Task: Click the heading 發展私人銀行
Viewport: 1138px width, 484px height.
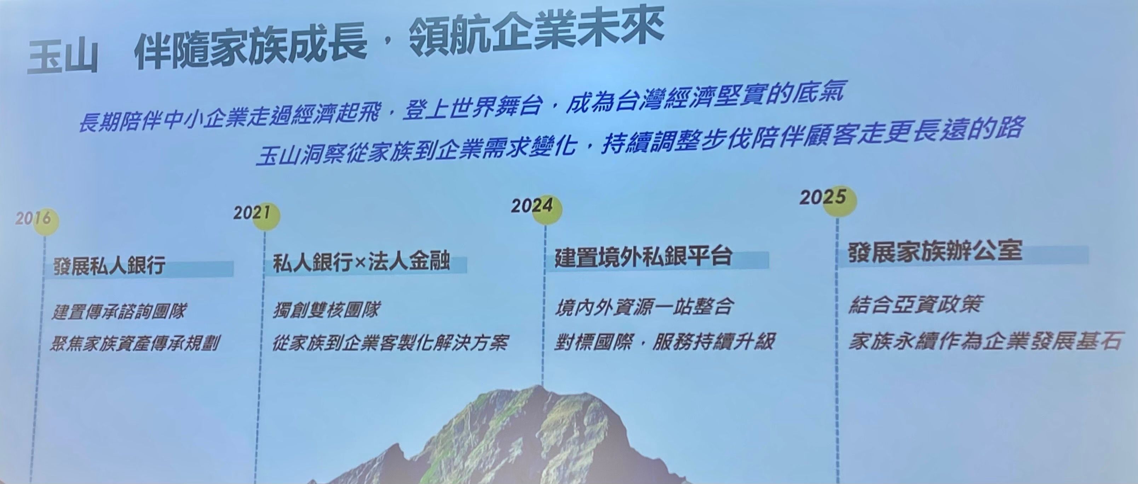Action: [110, 266]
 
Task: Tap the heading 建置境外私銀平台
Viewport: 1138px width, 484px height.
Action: [643, 257]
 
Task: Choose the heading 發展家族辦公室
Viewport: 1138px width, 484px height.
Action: [935, 251]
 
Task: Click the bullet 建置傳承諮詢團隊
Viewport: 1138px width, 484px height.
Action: [119, 311]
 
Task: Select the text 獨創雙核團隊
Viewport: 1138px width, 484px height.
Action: [326, 309]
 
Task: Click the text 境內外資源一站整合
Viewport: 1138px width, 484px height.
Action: [644, 306]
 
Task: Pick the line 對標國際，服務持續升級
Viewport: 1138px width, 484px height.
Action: [664, 341]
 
